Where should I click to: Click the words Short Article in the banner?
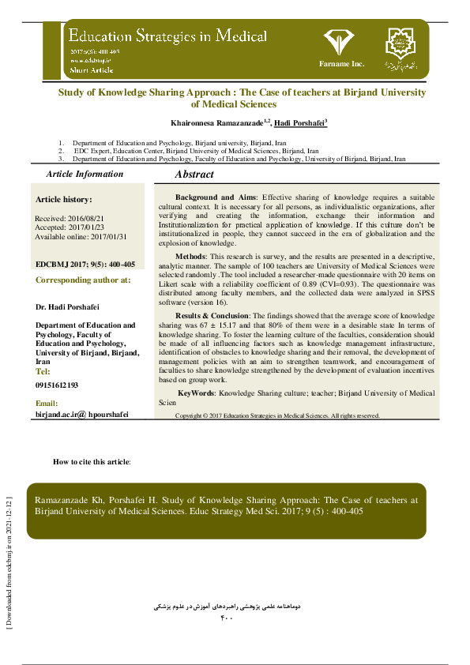[92, 70]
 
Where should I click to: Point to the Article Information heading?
[85, 174]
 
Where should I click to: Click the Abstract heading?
[194, 174]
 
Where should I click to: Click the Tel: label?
[43, 371]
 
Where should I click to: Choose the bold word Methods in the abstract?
[190, 257]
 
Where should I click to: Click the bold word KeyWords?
[196, 393]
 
